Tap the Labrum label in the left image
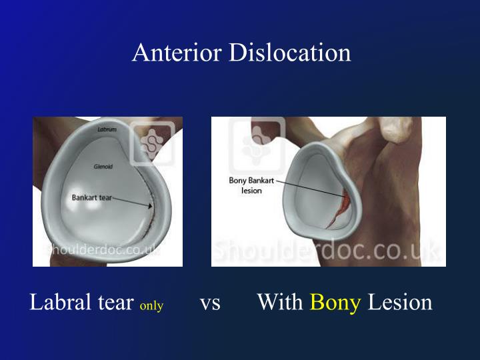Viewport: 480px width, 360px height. pos(108,128)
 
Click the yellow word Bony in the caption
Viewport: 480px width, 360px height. pos(335,303)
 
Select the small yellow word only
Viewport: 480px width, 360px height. pos(151,306)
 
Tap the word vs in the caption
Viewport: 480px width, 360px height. pos(210,303)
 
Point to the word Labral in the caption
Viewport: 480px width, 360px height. pos(58,303)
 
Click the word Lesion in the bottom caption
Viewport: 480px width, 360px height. pos(400,303)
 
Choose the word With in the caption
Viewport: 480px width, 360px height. pos(280,303)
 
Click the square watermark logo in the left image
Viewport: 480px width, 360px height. pos(153,143)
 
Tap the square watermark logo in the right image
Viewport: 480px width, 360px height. pos(257,141)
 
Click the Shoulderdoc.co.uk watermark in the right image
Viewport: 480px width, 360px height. pos(327,251)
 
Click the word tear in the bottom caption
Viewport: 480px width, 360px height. pos(113,303)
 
